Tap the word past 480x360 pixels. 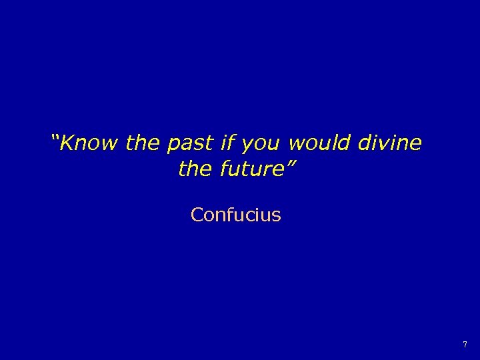191,143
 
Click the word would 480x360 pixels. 321,143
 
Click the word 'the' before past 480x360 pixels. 143,143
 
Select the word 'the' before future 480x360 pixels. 195,169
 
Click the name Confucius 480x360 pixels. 235,215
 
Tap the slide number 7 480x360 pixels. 465,345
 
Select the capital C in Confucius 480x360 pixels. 197,215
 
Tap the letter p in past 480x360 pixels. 173,145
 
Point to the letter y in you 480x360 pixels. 245,145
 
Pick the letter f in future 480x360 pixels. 223,169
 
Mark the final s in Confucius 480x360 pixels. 277,216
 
